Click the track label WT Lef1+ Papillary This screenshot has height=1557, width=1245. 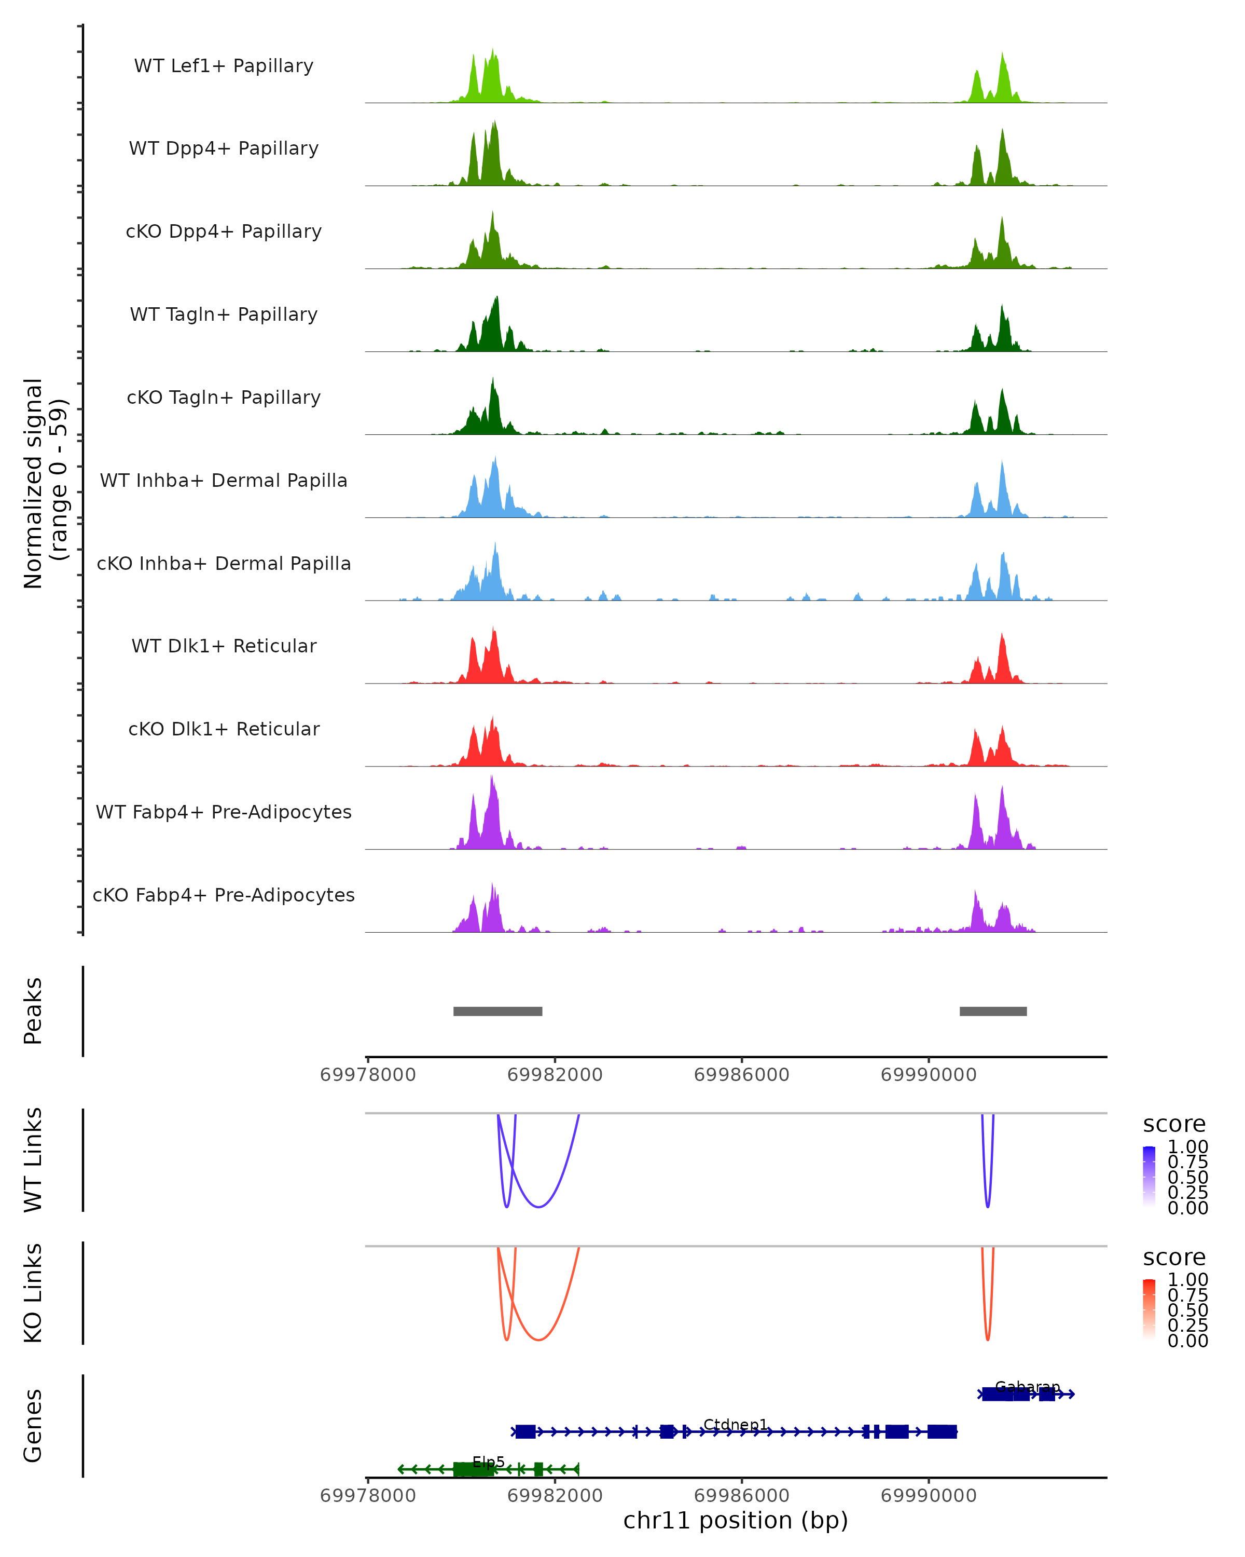coord(224,66)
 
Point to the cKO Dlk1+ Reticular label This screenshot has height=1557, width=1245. coord(224,729)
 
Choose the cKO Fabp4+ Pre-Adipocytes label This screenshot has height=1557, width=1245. coord(224,895)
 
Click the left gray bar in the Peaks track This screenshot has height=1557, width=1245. coord(497,1011)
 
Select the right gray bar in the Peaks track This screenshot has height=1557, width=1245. coord(992,1011)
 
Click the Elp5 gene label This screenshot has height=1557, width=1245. coord(489,1462)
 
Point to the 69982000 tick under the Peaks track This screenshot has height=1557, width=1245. coord(555,1075)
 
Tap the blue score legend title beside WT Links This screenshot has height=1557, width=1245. coord(1173,1124)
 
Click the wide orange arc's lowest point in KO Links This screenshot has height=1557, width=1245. coord(538,1340)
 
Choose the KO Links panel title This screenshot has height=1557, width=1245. coord(33,1293)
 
